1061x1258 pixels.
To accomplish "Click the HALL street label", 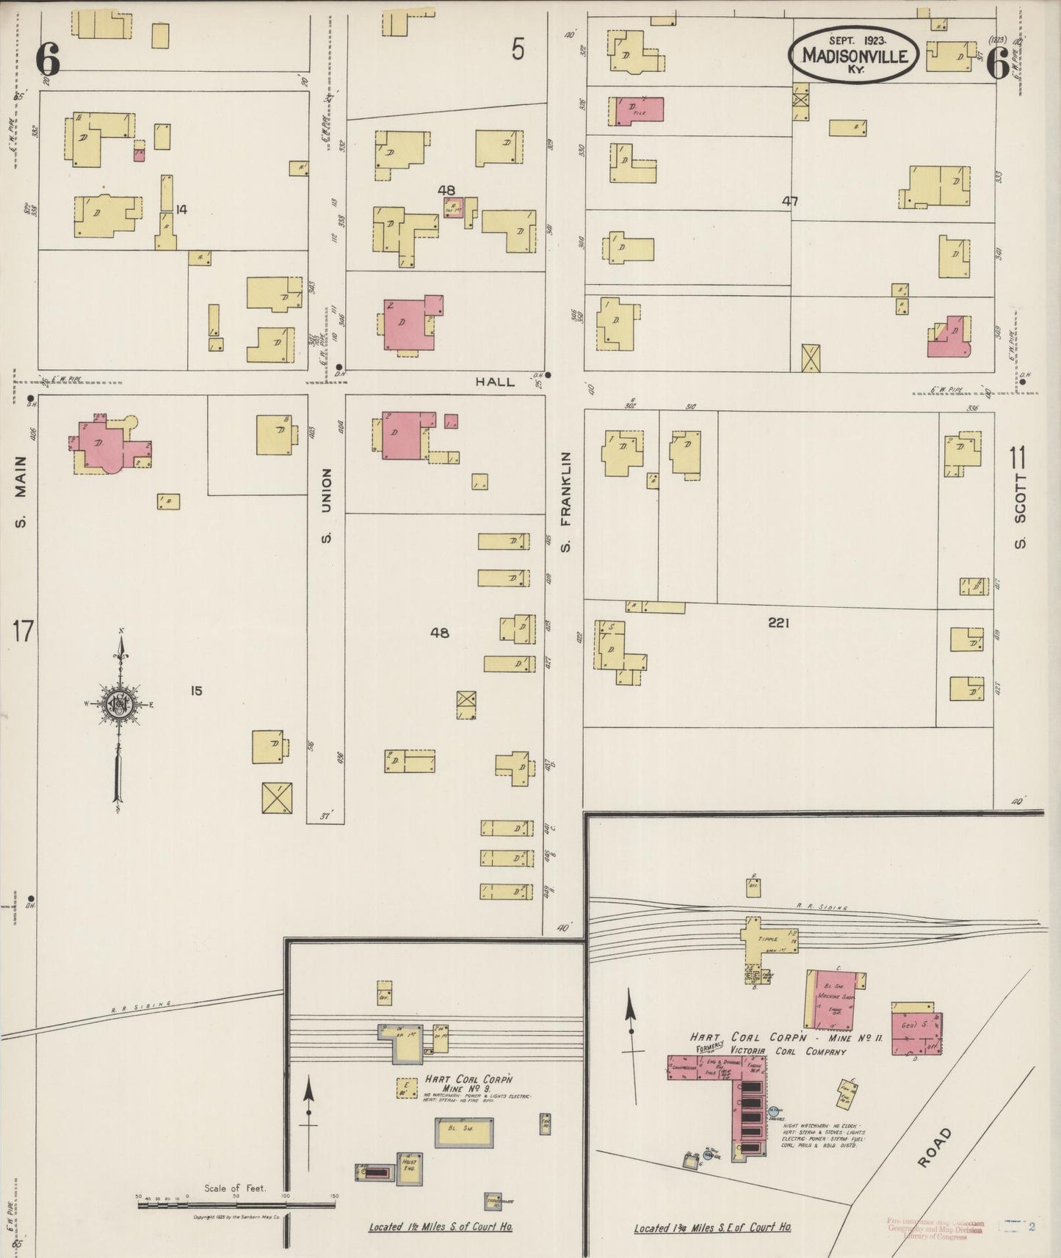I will (x=495, y=382).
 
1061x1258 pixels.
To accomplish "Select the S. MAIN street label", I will (x=21, y=491).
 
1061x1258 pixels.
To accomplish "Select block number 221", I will (x=778, y=622).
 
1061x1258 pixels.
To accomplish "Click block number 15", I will (x=196, y=691).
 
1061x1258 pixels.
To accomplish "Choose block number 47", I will (x=790, y=200).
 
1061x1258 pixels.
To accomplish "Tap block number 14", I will (x=181, y=209).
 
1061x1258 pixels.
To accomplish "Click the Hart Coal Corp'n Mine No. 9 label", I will (x=468, y=1084).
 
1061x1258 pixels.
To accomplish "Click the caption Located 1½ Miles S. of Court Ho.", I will (x=441, y=1227).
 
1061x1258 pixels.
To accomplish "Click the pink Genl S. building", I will (x=916, y=1028).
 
